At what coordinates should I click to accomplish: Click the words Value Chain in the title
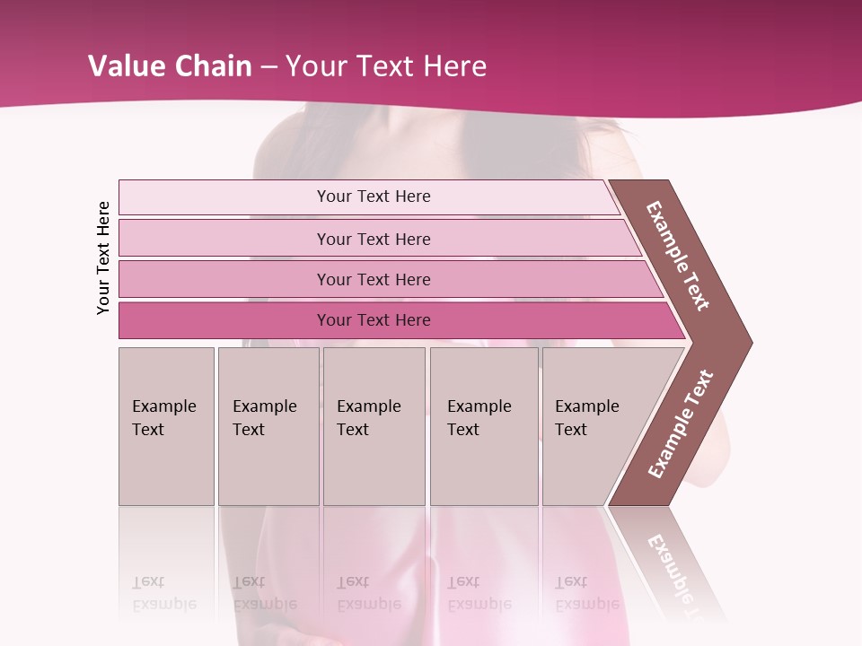pyautogui.click(x=170, y=66)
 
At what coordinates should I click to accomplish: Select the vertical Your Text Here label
pyautogui.click(x=103, y=258)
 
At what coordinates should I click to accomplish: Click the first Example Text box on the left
pyautogui.click(x=166, y=425)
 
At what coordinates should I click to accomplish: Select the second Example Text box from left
pyautogui.click(x=268, y=425)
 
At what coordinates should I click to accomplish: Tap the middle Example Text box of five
pyautogui.click(x=374, y=425)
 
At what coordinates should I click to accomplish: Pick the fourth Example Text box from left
pyautogui.click(x=484, y=425)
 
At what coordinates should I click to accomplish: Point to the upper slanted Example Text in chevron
pyautogui.click(x=678, y=256)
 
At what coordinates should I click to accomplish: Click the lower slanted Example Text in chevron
pyautogui.click(x=680, y=424)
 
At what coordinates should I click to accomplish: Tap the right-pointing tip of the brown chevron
pyautogui.click(x=747, y=343)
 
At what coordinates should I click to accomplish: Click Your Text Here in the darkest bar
pyautogui.click(x=374, y=320)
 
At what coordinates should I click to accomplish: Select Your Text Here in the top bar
pyautogui.click(x=374, y=196)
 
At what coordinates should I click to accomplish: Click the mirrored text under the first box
pyautogui.click(x=163, y=593)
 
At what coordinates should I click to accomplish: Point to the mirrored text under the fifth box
pyautogui.click(x=586, y=593)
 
